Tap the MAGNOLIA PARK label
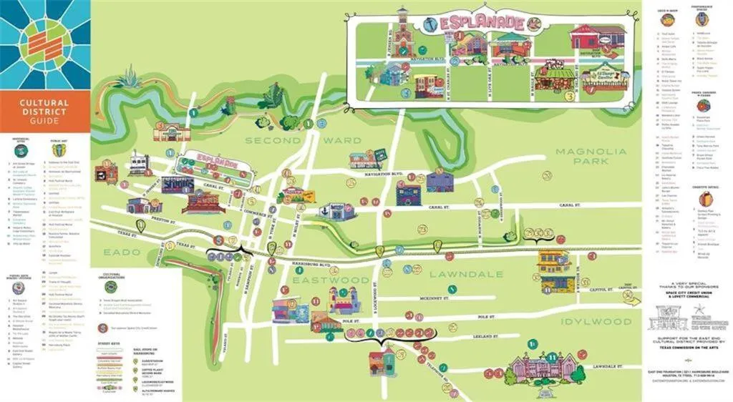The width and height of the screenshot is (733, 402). click(591, 157)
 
